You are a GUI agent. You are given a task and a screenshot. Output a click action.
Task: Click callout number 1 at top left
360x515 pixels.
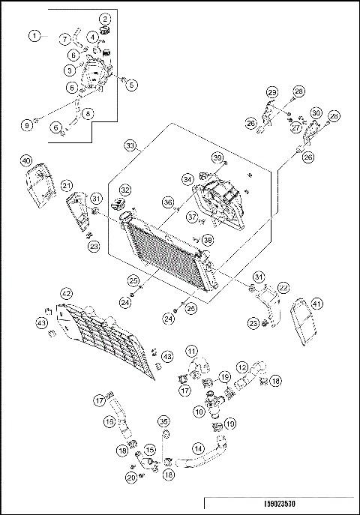[x=34, y=35]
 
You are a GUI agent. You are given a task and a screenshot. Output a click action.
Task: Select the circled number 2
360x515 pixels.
[x=105, y=18]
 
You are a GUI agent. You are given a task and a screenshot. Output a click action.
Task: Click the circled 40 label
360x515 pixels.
[x=25, y=160]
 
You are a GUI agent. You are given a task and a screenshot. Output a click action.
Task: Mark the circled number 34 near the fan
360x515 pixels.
[x=189, y=179]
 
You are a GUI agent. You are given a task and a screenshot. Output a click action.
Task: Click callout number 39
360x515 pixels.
[x=218, y=157]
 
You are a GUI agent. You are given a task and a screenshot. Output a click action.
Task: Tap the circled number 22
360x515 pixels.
[x=283, y=287]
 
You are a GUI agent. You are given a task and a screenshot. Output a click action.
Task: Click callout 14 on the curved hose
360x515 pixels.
[x=198, y=448]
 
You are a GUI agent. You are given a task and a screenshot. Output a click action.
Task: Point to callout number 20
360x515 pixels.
[x=131, y=478]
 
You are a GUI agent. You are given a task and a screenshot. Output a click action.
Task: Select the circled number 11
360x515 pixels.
[x=192, y=351]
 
